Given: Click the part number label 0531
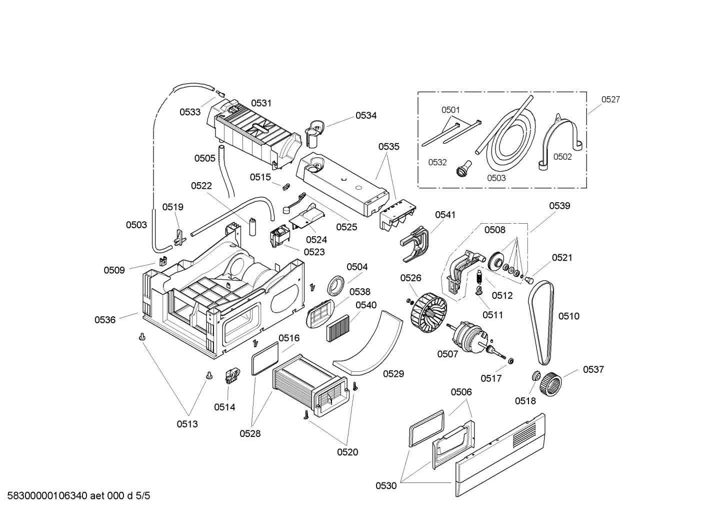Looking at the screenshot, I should coord(261,103).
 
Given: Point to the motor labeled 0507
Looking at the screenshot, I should coord(467,338).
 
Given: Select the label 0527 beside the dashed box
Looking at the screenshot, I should coord(610,100).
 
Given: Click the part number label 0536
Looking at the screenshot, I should coord(105,320).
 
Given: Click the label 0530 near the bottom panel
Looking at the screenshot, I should coord(386,485).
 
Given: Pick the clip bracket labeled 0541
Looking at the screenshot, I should coord(416,243).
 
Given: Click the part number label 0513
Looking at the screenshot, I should coord(187,424).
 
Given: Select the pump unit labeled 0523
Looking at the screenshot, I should coord(279,237).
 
